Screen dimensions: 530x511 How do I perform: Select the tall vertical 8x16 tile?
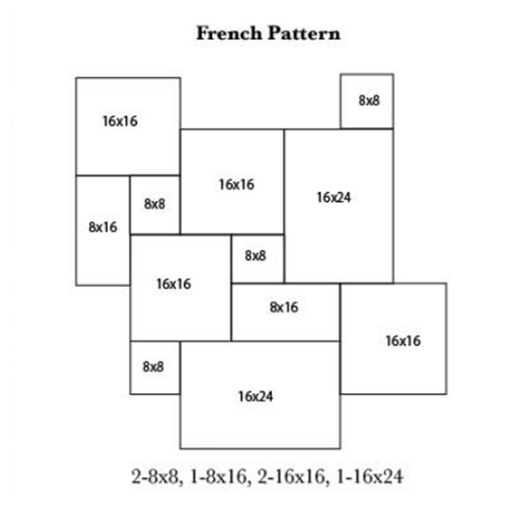(103, 230)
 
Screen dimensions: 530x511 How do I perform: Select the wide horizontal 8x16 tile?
(285, 312)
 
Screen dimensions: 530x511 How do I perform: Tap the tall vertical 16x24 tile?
(338, 205)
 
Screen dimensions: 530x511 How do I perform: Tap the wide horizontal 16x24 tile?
(260, 395)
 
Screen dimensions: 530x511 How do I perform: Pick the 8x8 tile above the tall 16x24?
(367, 101)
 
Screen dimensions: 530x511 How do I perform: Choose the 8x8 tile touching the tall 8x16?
(155, 205)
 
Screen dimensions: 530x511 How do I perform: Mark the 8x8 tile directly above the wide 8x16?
(257, 257)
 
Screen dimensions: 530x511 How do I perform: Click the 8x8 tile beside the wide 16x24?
(155, 367)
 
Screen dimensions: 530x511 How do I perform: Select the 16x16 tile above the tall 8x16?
(128, 126)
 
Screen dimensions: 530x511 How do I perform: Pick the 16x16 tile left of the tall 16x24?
(232, 181)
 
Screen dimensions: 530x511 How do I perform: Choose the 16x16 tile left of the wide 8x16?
(180, 288)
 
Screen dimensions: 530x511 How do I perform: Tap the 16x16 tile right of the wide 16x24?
(393, 338)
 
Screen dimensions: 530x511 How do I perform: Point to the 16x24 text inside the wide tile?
(255, 396)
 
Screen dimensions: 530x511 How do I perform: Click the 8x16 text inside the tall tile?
(103, 227)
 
